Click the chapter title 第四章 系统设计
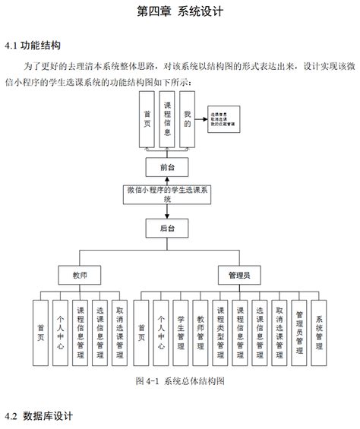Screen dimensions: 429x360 pos(179,12)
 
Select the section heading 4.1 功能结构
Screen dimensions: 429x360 pos(33,46)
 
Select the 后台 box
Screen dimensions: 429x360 pos(167,227)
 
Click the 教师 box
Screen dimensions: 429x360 pos(80,273)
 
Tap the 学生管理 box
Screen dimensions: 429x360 pos(181,332)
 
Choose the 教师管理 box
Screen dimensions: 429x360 pos(201,332)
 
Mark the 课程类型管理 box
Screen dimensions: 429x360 pos(220,332)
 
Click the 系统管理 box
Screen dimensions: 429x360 pos(319,332)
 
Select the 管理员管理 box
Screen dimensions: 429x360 pos(299,332)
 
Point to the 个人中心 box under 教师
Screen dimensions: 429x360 pos(60,332)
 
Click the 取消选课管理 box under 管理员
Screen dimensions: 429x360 pos(279,332)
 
